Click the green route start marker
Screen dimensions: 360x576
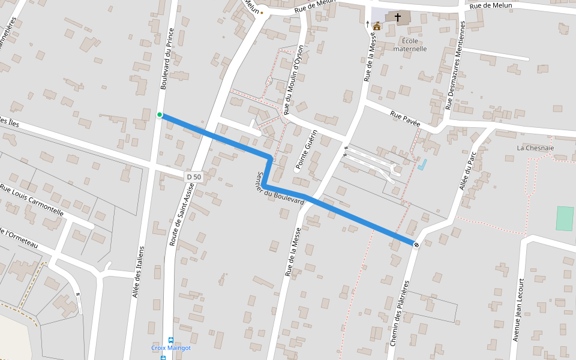pos(160,115)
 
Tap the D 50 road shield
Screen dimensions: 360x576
pos(193,176)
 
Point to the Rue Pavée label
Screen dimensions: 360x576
pos(405,118)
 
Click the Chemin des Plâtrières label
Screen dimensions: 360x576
pos(399,313)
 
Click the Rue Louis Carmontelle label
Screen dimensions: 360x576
pos(32,200)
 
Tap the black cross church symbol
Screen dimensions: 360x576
pos(397,18)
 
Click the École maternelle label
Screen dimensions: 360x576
pos(410,45)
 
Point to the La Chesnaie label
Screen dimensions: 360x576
pos(535,148)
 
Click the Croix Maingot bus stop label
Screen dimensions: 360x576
pos(171,348)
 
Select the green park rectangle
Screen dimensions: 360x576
pos(564,218)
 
